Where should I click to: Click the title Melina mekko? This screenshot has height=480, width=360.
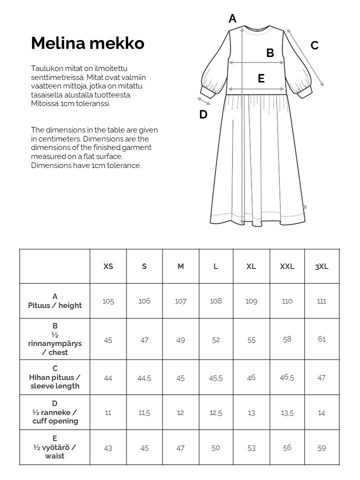87,43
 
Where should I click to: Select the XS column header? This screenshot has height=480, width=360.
108,266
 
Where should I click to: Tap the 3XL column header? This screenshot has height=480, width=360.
321,266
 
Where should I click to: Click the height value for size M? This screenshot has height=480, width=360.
180,301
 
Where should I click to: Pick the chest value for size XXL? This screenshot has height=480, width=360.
287,339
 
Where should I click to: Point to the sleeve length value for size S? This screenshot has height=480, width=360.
144,378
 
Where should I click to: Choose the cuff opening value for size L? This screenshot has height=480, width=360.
215,413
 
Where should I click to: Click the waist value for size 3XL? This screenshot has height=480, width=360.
321,448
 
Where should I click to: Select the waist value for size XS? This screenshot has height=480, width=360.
108,448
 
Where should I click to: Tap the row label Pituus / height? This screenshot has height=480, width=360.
55,301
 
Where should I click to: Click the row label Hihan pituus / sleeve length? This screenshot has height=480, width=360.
55,377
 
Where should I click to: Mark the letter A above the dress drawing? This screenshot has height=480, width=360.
232,19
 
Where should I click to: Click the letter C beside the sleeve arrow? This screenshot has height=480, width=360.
314,45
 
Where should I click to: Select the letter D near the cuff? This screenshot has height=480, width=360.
203,114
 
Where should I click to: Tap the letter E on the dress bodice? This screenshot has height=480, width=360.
261,78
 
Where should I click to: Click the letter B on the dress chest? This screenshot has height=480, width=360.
270,53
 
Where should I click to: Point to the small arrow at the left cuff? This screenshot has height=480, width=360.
204,102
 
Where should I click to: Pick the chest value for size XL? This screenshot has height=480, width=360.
251,339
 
